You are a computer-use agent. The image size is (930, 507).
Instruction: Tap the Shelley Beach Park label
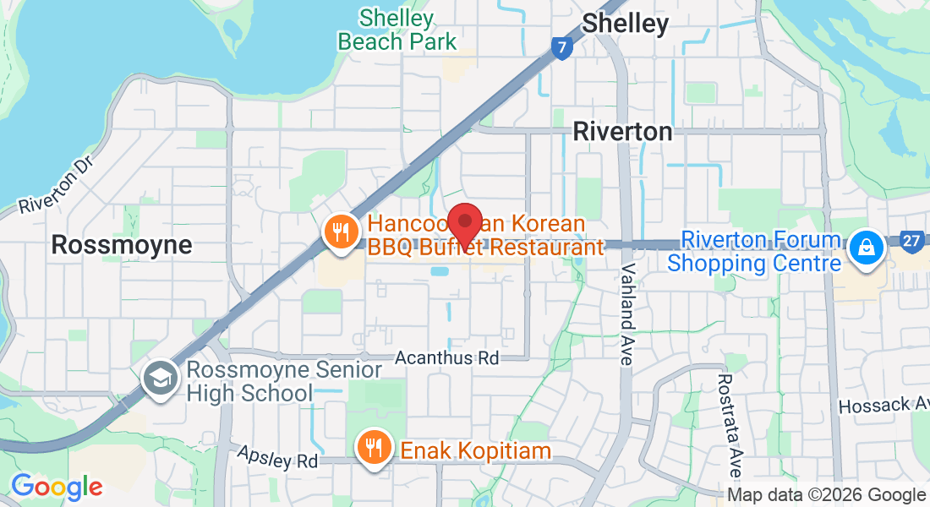point(397,30)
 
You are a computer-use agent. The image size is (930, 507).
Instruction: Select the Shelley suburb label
point(626,23)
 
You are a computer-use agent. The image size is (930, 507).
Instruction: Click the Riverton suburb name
point(622,131)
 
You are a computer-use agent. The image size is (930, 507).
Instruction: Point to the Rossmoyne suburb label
point(121,245)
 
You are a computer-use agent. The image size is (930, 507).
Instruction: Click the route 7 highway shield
point(561,47)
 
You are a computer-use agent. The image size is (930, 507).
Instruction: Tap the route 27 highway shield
point(911,242)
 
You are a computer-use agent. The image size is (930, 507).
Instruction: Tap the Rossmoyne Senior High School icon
point(159,378)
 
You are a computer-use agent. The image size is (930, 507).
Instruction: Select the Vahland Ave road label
point(626,313)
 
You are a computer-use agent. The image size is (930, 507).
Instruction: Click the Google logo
point(57,487)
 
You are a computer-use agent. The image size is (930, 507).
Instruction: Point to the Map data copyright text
point(826,495)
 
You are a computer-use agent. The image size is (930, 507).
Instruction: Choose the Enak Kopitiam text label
point(475,450)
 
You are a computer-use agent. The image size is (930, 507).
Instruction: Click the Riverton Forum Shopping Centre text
point(754,252)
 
